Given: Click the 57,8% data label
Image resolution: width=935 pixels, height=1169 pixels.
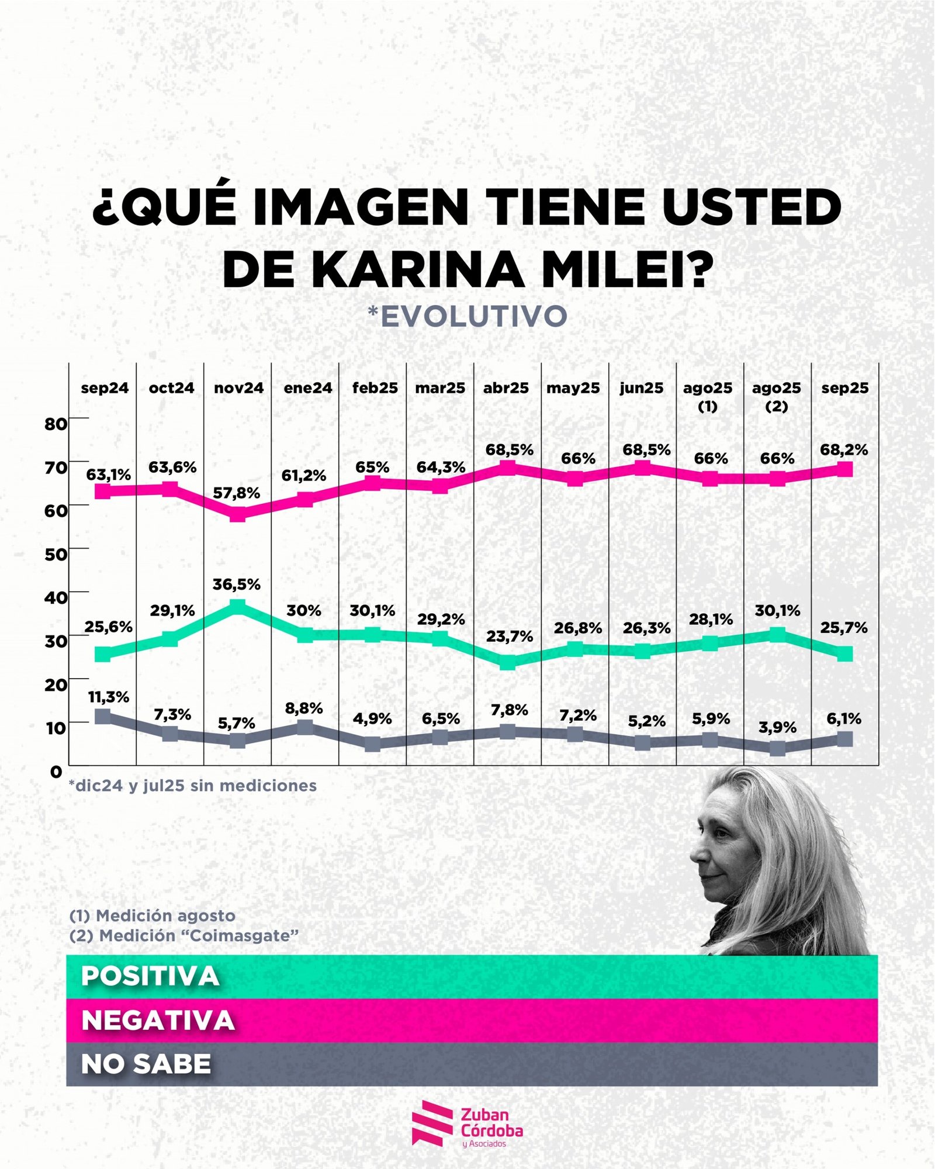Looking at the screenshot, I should (x=236, y=493).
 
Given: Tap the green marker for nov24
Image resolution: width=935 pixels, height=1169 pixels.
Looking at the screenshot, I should (x=237, y=607).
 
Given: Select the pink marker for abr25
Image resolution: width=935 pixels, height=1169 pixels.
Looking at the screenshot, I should (x=508, y=468).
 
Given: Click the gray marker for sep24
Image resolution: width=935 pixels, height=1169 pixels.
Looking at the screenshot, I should (x=103, y=716).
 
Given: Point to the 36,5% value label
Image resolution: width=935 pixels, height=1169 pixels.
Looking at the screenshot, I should (x=236, y=584).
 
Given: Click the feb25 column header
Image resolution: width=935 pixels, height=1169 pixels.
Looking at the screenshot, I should (x=375, y=388).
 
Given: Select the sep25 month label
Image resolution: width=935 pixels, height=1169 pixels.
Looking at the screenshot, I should (x=844, y=388).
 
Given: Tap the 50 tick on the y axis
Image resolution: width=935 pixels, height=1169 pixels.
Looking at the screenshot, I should (x=56, y=554).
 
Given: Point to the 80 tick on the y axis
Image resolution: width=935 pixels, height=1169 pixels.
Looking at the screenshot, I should (x=56, y=424).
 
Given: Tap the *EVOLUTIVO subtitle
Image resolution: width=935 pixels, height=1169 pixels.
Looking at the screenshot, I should (x=467, y=316).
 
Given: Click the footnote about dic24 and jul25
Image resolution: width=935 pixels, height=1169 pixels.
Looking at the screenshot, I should (x=193, y=786).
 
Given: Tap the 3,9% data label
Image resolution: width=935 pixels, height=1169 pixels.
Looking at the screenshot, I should (x=777, y=728).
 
